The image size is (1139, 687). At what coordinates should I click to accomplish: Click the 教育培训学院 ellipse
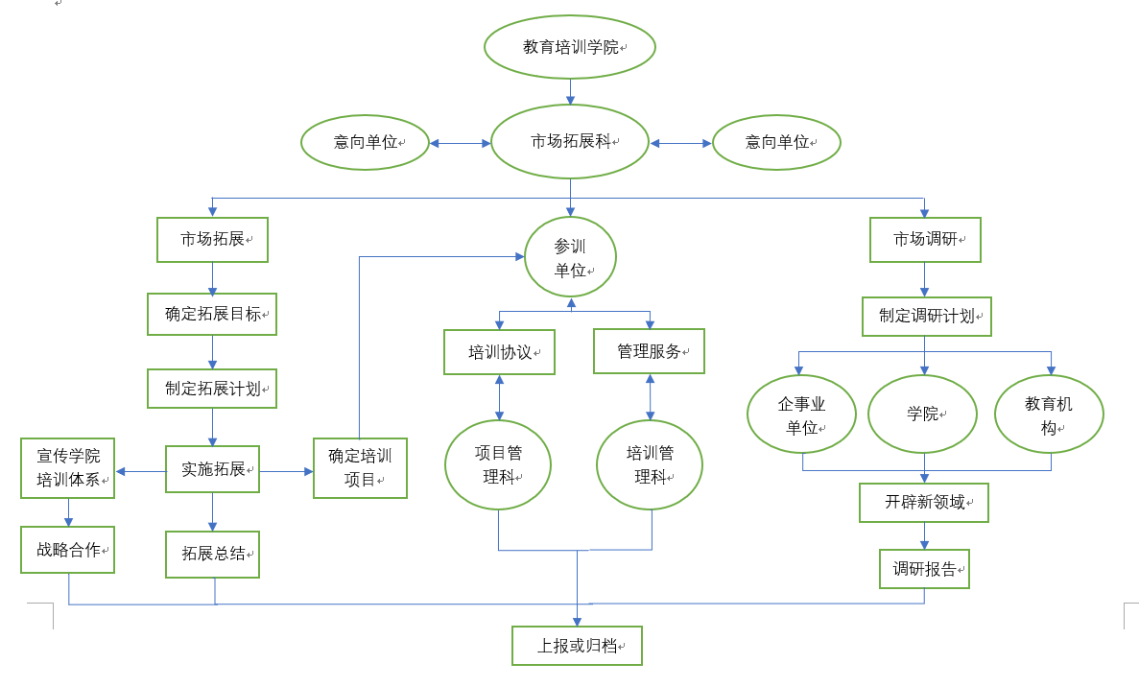click(570, 46)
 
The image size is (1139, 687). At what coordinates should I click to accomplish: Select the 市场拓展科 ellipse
click(570, 142)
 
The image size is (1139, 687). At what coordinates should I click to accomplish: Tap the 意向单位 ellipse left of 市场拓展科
click(365, 143)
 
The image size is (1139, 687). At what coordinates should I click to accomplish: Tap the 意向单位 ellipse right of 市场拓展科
click(776, 143)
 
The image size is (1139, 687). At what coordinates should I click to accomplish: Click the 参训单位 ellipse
click(570, 258)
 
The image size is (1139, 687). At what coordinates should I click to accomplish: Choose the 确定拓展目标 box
click(212, 314)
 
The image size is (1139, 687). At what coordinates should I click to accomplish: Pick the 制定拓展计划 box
click(212, 389)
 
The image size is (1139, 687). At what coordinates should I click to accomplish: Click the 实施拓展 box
click(212, 469)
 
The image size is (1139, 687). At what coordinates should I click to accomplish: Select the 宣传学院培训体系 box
click(68, 468)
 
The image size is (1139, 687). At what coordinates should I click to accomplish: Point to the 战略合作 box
click(68, 550)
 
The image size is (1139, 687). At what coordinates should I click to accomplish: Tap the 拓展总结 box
click(212, 554)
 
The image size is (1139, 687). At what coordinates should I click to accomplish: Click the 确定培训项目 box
click(360, 468)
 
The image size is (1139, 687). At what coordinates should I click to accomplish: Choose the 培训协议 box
click(499, 352)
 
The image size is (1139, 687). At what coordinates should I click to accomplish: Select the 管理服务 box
click(649, 352)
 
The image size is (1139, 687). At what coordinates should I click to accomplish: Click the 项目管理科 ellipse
click(498, 464)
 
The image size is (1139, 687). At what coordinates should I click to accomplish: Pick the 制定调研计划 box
click(925, 316)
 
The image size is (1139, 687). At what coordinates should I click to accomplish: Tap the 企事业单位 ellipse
click(801, 415)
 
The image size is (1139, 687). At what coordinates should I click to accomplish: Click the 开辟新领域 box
click(923, 502)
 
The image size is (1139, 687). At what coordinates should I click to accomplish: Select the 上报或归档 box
click(576, 646)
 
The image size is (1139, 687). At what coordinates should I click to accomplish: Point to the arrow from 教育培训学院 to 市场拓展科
click(571, 91)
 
